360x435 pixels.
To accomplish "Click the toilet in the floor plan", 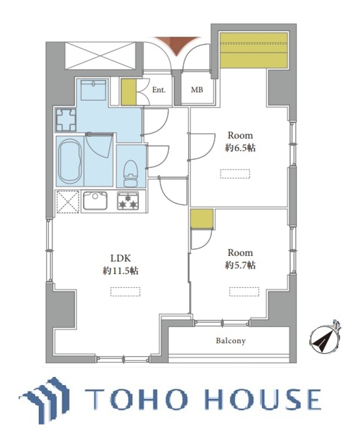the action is [131, 173].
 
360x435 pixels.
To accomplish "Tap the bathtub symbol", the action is [70, 161].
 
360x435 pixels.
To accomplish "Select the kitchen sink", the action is [95, 201].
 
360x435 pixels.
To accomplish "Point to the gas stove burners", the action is [128, 201].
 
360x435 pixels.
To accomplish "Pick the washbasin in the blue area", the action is [93, 90].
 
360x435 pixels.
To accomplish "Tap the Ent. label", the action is [159, 90].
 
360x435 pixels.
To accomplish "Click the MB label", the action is [197, 89].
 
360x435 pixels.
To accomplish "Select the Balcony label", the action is [231, 340].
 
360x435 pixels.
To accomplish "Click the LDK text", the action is [121, 258].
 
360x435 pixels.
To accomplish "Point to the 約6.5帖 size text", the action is [240, 148].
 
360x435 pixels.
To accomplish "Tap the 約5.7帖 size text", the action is [240, 266].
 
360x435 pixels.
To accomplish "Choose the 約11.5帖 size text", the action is [121, 271].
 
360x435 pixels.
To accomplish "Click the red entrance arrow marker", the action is [177, 45].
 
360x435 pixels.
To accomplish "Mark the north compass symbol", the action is [325, 339].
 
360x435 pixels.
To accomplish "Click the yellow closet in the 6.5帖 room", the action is [254, 50].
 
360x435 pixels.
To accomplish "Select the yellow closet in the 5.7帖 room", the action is [202, 219].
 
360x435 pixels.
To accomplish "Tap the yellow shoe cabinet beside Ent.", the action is [128, 92].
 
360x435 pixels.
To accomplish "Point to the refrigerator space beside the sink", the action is [68, 202].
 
